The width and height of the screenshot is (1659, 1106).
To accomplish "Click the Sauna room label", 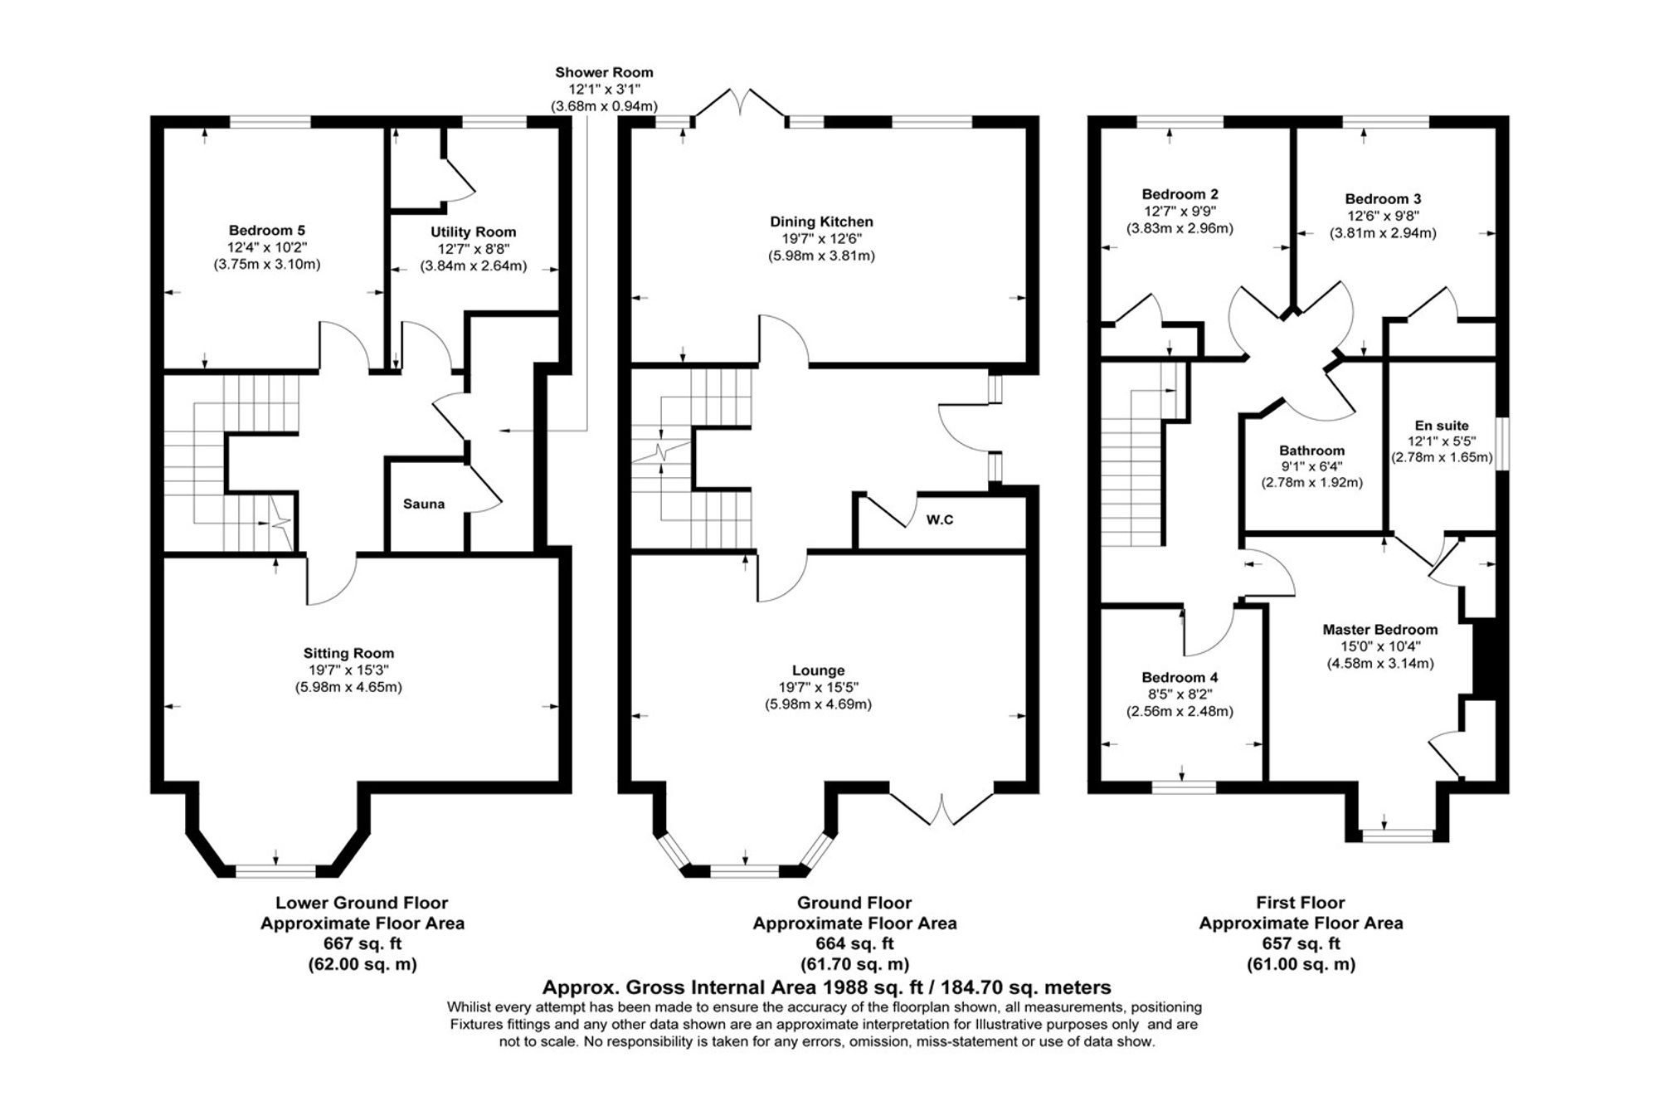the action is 424,504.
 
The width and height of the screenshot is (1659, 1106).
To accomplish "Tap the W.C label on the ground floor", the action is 940,520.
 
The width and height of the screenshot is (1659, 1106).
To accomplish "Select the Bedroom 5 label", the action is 261,231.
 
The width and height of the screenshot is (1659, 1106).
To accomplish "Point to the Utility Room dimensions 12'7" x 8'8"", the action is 474,249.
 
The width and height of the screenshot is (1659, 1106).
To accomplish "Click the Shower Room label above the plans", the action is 604,73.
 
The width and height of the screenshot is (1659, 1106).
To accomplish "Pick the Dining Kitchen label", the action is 821,222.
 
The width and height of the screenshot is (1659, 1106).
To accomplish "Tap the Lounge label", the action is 819,670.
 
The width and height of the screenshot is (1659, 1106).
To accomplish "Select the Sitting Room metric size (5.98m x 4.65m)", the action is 348,687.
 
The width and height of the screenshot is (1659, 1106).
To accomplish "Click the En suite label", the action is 1442,426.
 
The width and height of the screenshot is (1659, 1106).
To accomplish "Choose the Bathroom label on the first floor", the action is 1311,451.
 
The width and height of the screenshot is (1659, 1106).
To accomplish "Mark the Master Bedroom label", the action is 1380,630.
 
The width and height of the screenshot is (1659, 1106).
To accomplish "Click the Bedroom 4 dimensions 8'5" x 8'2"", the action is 1180,694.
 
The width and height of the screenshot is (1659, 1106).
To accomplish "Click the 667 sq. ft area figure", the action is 362,943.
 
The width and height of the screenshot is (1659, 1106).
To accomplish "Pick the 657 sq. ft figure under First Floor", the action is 1301,943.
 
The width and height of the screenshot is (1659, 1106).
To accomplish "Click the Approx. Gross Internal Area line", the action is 826,987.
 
